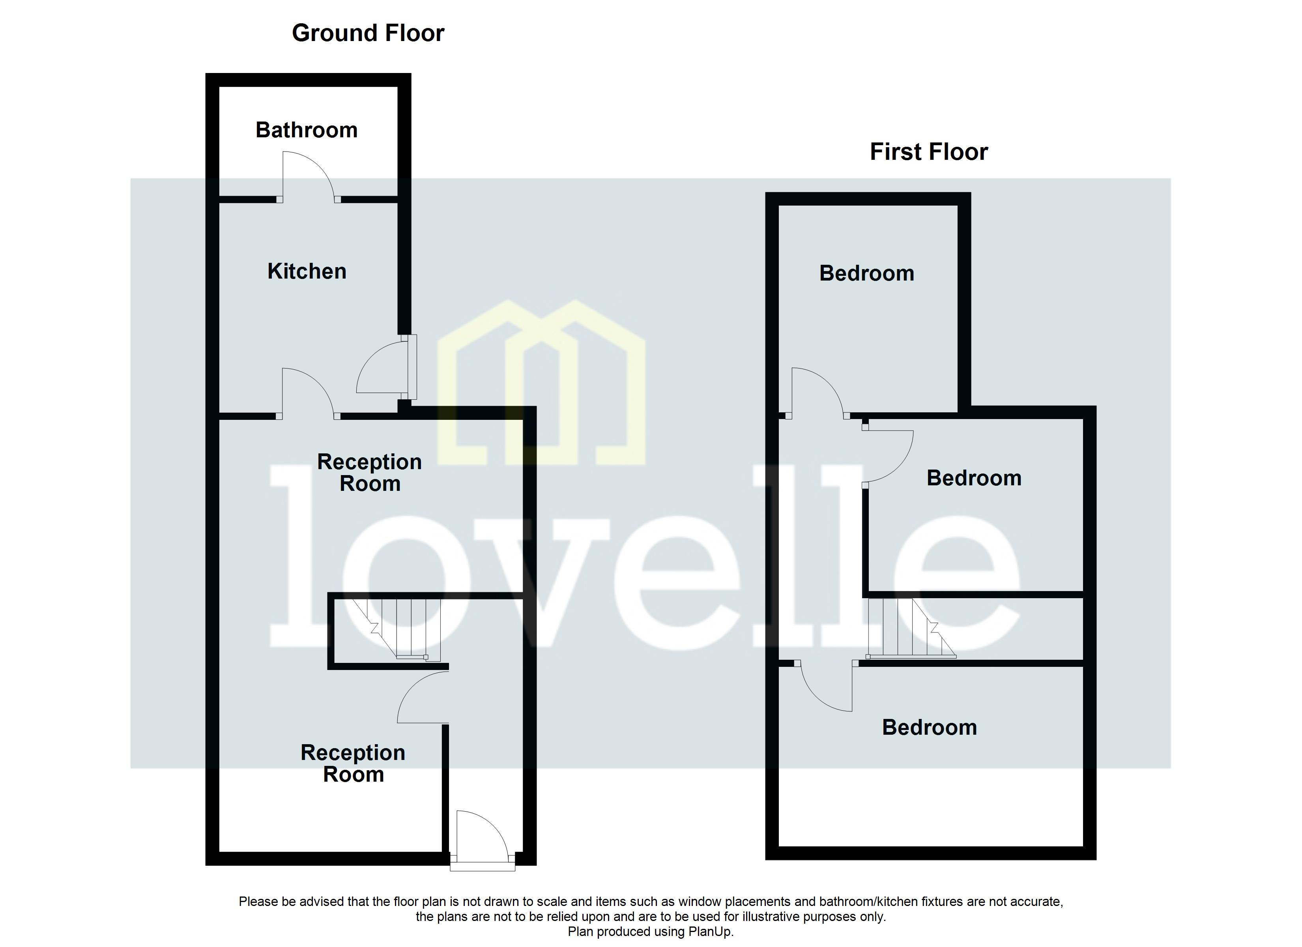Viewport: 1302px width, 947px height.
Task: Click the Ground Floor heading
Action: (x=368, y=33)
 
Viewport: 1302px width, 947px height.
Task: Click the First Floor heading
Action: (x=928, y=152)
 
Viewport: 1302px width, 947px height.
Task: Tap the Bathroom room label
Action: (x=307, y=130)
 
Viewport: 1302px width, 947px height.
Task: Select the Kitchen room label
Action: (x=307, y=271)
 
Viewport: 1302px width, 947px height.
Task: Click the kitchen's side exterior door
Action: (x=385, y=367)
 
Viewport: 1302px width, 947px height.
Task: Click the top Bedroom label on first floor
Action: (x=866, y=273)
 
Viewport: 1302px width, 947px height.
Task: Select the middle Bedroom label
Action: (x=974, y=478)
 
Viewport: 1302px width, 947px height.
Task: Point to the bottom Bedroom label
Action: (x=929, y=728)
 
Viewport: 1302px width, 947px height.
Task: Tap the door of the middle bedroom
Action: (x=887, y=457)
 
